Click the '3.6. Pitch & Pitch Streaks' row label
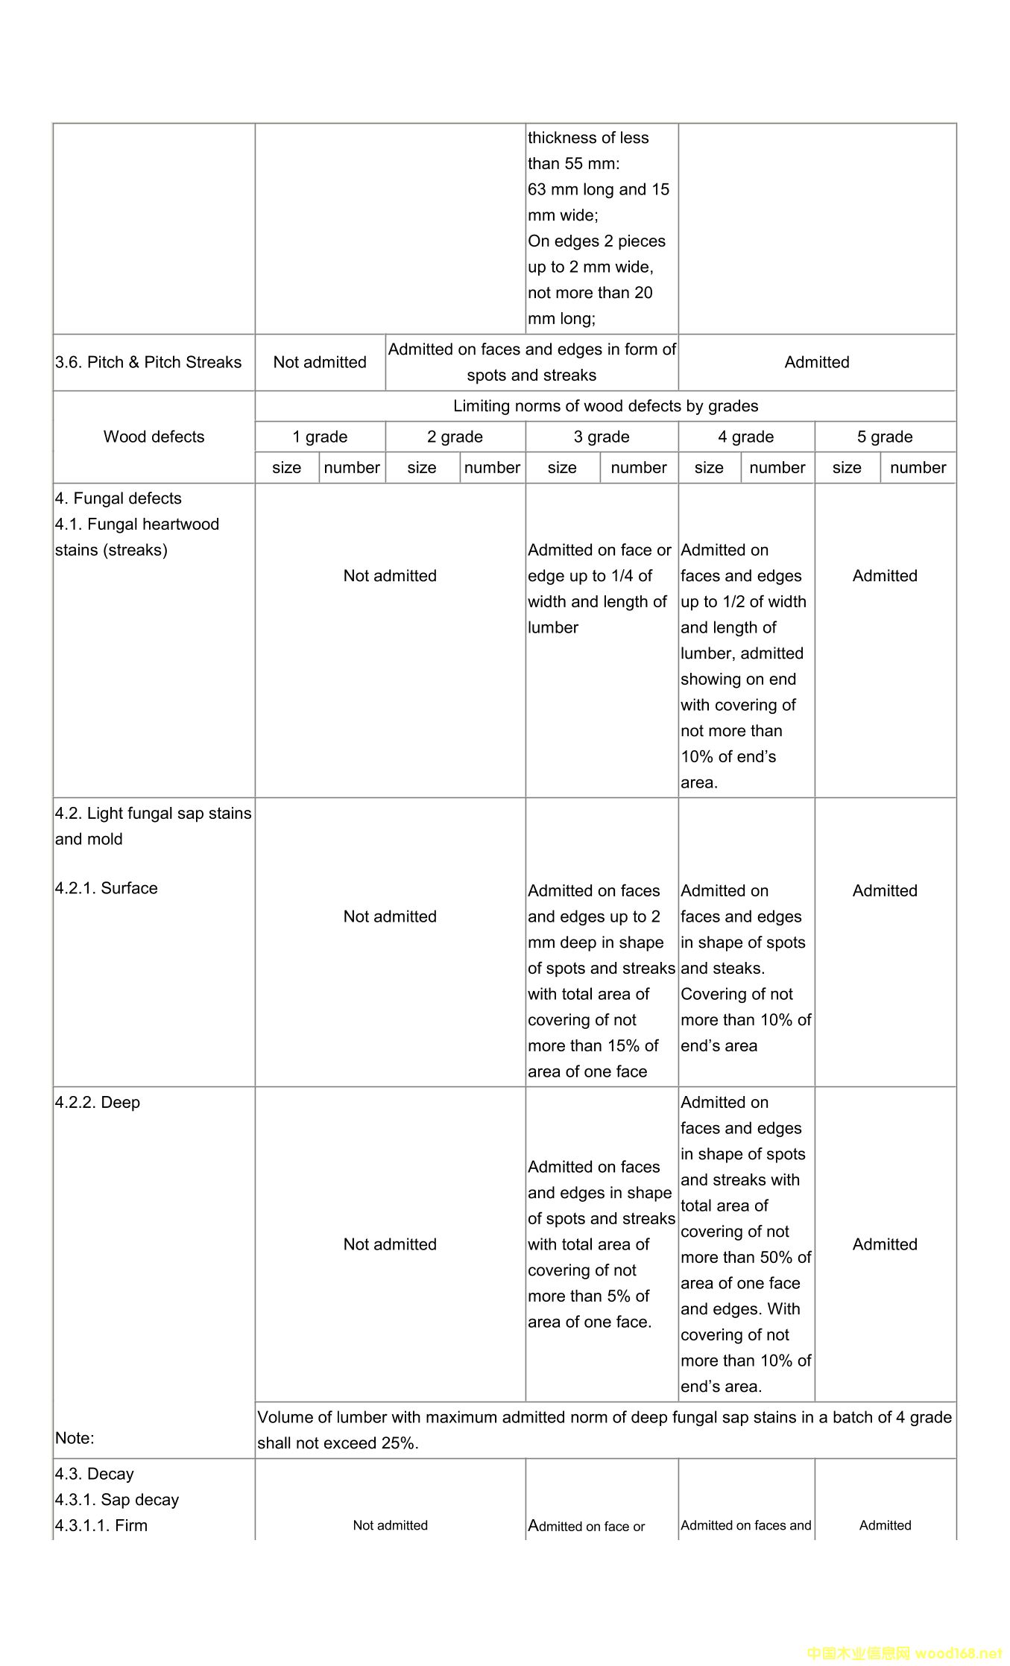pyautogui.click(x=148, y=362)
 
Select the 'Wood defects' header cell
pyautogui.click(x=154, y=437)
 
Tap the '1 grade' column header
pyautogui.click(x=320, y=437)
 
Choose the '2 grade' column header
pyautogui.click(x=455, y=437)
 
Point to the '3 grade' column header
pyautogui.click(x=602, y=437)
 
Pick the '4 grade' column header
pyautogui.click(x=745, y=437)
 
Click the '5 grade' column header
pyautogui.click(x=885, y=437)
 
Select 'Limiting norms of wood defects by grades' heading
pyautogui.click(x=605, y=406)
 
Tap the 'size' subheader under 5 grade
pyautogui.click(x=847, y=468)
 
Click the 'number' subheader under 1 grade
pyautogui.click(x=352, y=468)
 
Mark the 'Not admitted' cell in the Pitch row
pyautogui.click(x=320, y=362)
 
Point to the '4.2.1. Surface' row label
pyautogui.click(x=106, y=888)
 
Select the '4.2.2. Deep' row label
pyautogui.click(x=97, y=1103)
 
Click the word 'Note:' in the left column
pyautogui.click(x=75, y=1438)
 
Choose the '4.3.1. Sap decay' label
pyautogui.click(x=116, y=1500)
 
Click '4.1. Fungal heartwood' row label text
pyautogui.click(x=137, y=525)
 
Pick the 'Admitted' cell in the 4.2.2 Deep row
pyautogui.click(x=885, y=1244)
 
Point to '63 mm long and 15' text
pyautogui.click(x=599, y=189)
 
